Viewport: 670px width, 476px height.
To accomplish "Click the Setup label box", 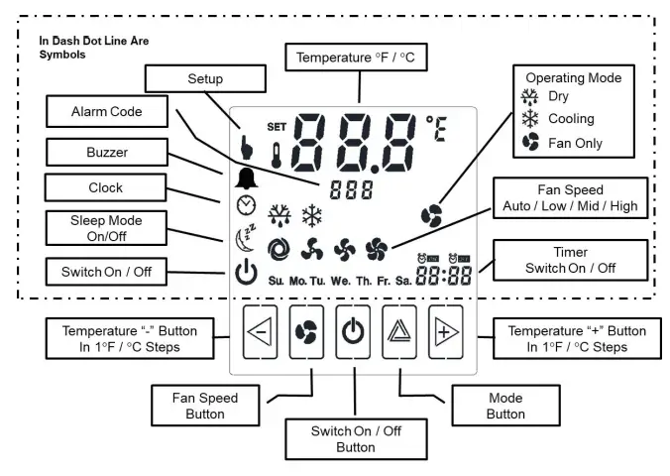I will [205, 79].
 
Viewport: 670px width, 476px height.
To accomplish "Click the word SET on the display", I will [277, 127].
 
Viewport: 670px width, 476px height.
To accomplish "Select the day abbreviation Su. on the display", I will [276, 281].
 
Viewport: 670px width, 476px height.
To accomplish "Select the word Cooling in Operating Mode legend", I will [571, 119].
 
